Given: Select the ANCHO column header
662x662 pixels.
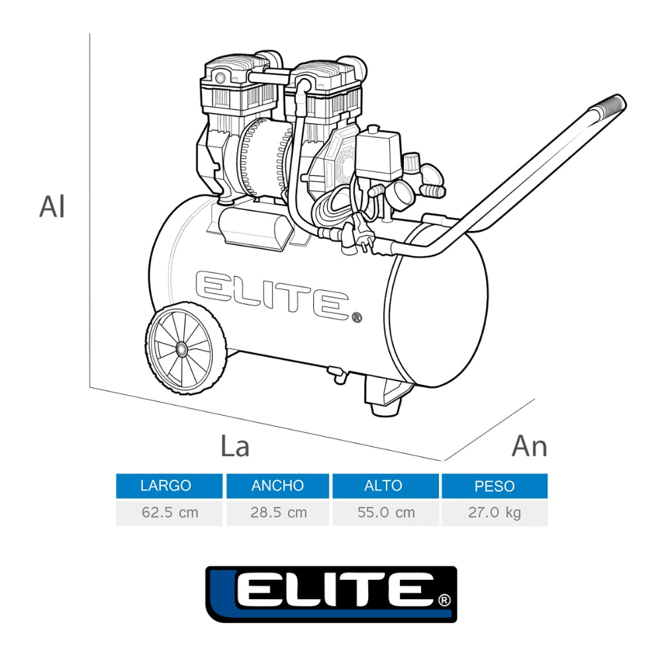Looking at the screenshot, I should pos(277,486).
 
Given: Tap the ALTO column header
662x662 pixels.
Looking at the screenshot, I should pos(385,486).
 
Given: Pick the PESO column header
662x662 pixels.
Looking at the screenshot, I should pos(495,486).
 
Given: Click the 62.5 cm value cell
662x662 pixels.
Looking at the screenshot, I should pos(169,512).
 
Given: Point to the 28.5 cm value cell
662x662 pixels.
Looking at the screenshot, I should pos(277,512).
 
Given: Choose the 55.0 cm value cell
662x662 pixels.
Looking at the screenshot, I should pos(385,512).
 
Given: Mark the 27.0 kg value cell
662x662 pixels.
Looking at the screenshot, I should pos(495,512).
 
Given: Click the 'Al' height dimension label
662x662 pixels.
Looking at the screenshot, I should pos(52,207).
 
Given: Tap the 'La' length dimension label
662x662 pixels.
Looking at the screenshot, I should pos(234,446).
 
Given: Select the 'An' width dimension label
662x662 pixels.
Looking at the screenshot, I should pos(529,446).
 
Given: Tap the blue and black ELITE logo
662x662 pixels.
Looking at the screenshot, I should pos(331,594).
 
